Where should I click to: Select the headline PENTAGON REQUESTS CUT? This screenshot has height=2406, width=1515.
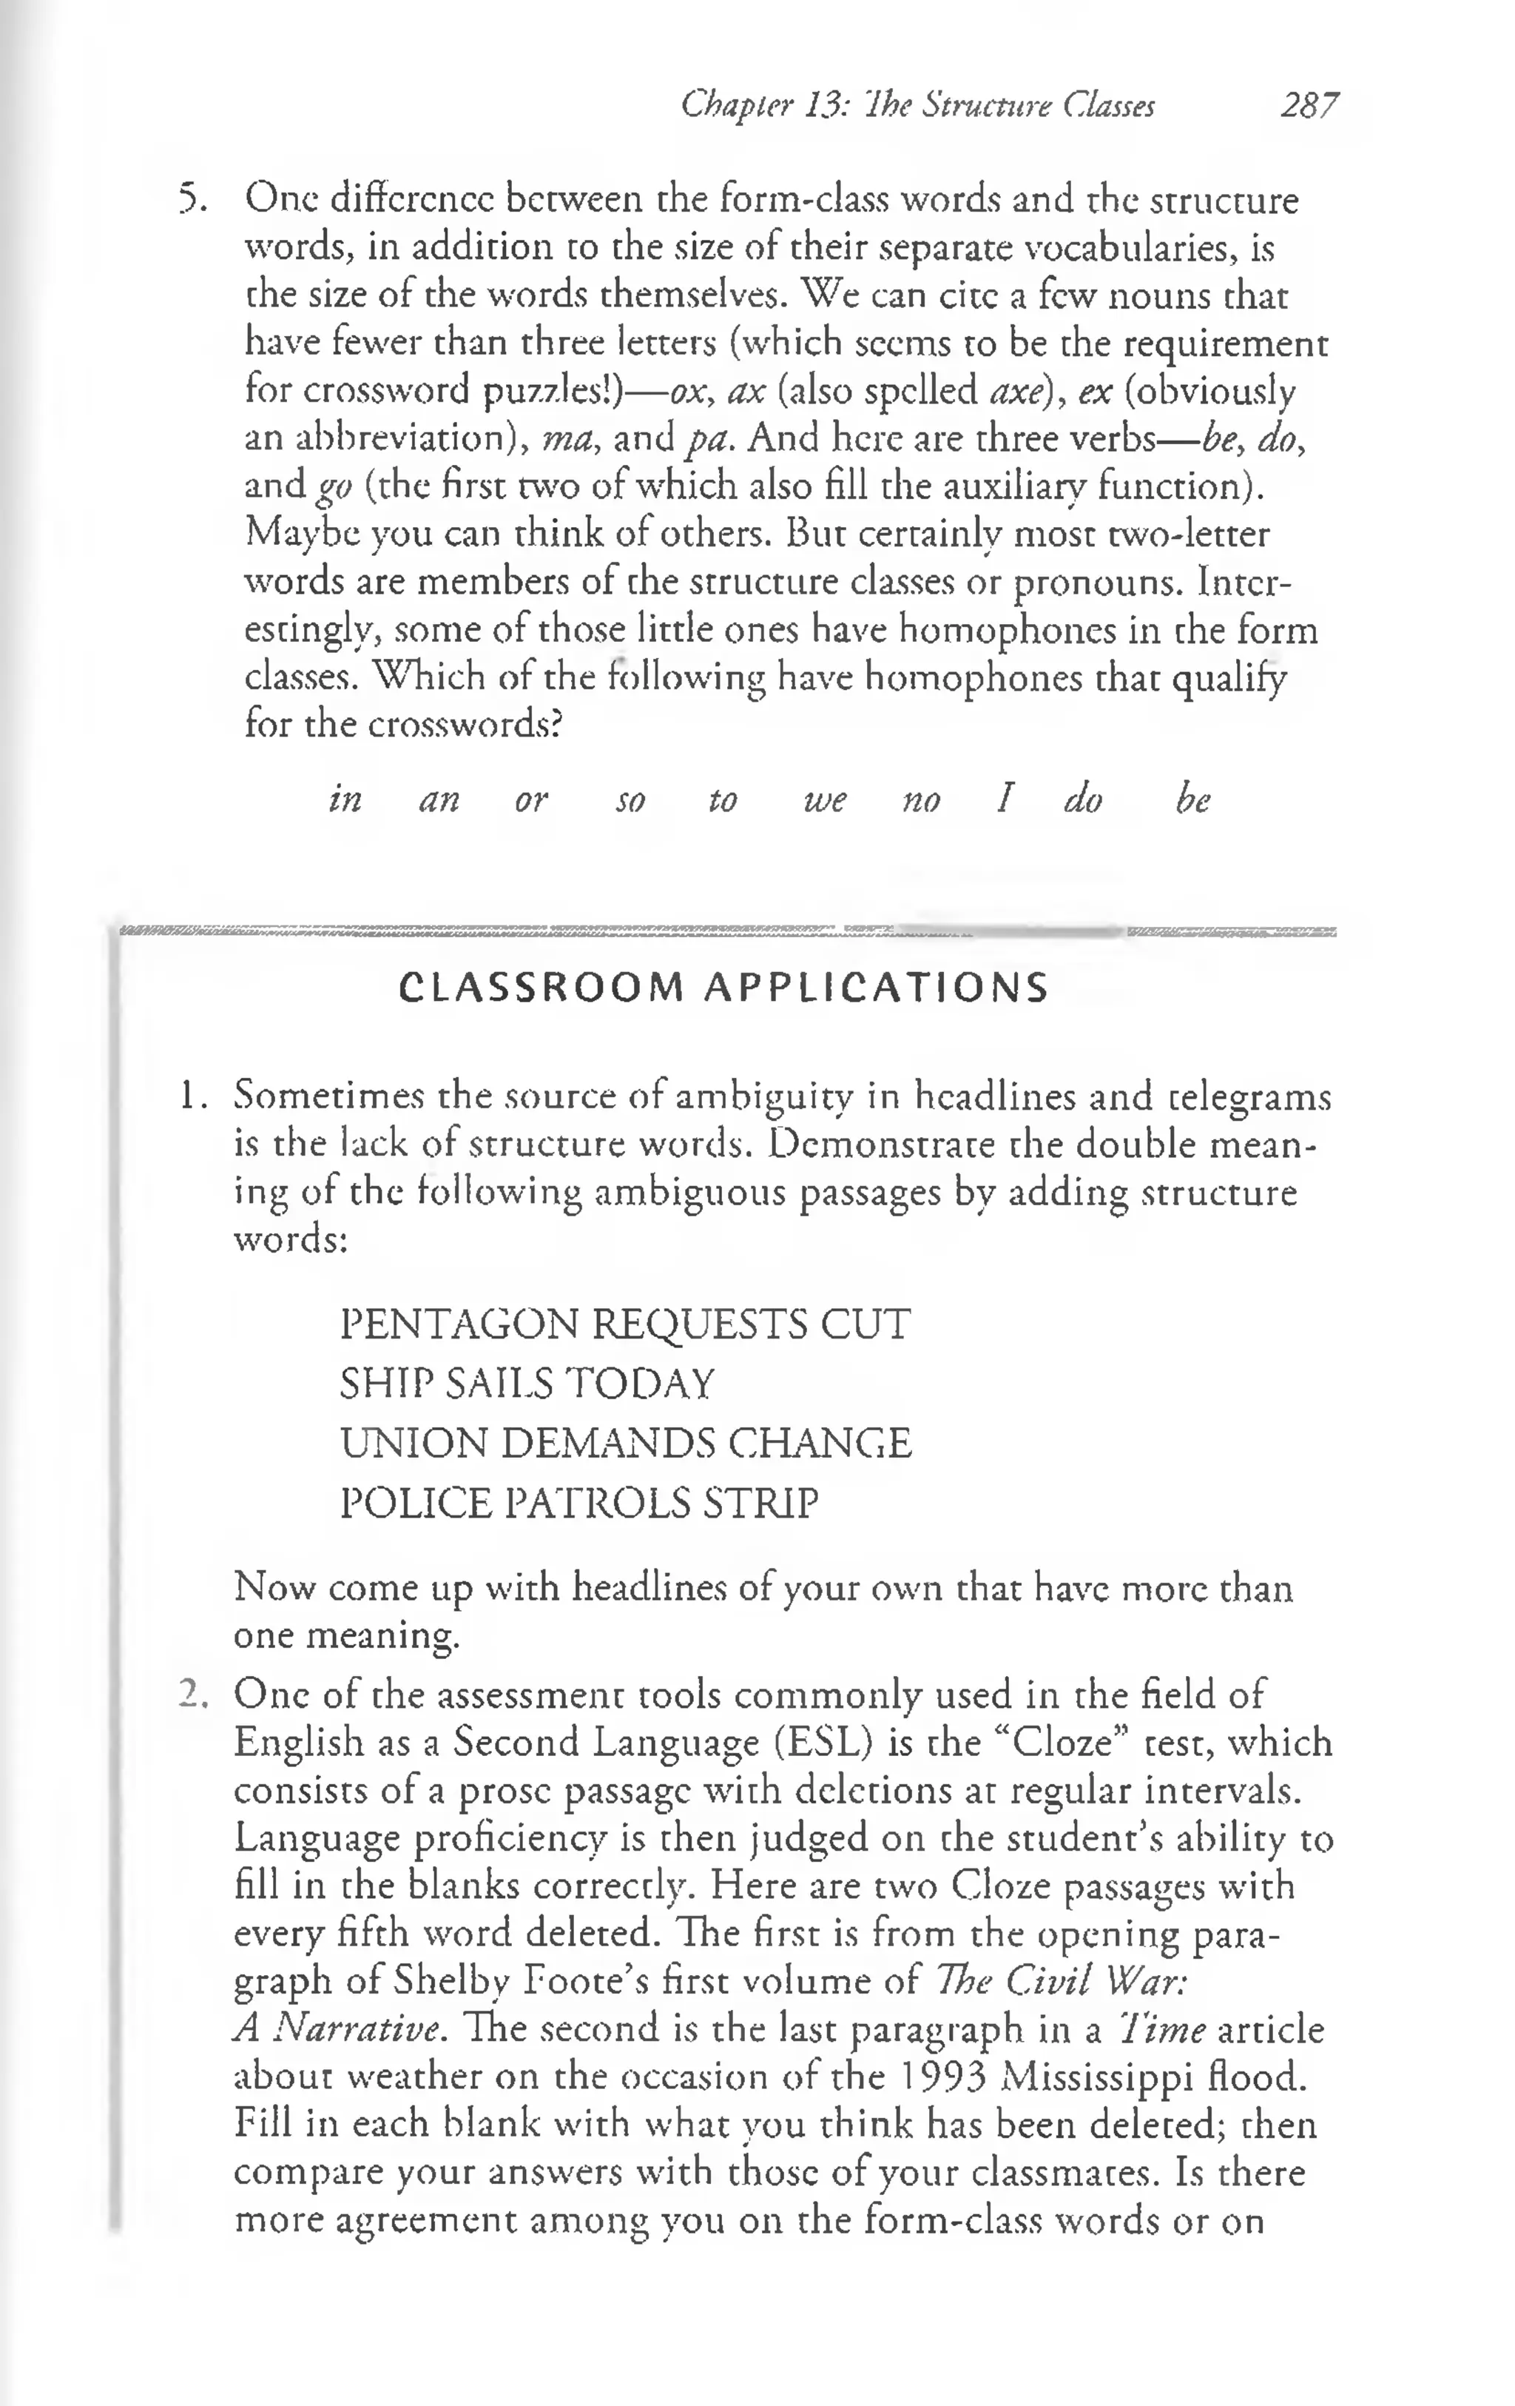click(625, 1325)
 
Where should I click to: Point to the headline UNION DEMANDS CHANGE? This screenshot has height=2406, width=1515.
click(625, 1443)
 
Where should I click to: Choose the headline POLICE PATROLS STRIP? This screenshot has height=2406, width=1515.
click(579, 1503)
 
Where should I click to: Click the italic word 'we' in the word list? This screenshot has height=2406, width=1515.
click(825, 800)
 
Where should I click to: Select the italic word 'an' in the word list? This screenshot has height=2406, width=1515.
click(439, 800)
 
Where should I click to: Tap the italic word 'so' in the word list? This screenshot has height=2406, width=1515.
click(630, 800)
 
